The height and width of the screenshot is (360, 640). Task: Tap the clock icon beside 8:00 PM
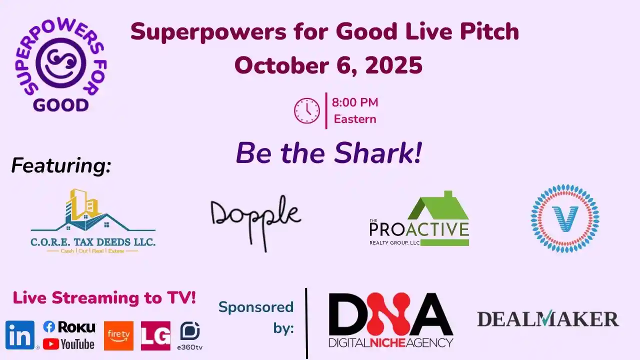point(306,110)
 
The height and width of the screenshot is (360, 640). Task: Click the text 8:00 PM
point(355,103)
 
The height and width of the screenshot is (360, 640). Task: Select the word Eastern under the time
point(355,119)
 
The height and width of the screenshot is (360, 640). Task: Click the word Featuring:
point(61,165)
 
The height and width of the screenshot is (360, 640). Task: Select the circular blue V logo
point(565,218)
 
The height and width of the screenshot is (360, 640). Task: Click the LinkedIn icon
point(20,335)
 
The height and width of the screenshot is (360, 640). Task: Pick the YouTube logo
point(68,344)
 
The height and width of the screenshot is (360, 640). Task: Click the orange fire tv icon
point(118,335)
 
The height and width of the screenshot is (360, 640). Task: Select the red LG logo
point(155,335)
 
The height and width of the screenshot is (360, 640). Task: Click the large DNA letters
point(390,314)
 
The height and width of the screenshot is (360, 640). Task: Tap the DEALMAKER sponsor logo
point(548,319)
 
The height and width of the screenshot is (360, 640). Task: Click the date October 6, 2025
point(328,65)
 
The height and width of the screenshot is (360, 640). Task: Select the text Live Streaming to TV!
point(104,298)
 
